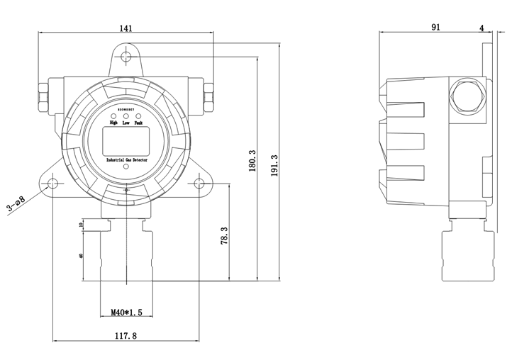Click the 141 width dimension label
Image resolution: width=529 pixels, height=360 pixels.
point(126,28)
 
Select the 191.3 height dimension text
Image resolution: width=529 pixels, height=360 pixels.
point(273,167)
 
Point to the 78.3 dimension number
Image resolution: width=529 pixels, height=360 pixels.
point(223,235)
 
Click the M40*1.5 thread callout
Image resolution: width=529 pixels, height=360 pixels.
point(127,311)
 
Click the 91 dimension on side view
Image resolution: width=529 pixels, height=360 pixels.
point(435,28)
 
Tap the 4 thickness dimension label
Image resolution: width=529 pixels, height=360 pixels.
point(482,28)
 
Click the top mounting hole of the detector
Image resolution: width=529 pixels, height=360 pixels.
point(126,57)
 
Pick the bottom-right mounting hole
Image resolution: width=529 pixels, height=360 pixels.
point(199,184)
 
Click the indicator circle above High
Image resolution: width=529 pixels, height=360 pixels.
point(113,116)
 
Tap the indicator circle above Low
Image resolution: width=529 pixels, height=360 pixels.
point(126,116)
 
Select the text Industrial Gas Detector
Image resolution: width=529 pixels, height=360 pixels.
point(126,162)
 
